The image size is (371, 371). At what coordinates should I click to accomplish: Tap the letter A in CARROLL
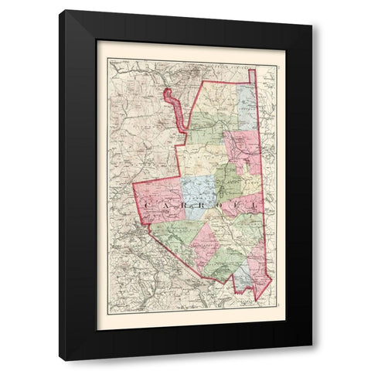pos(167,205)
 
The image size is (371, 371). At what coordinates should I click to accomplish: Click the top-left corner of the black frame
pos(60,10)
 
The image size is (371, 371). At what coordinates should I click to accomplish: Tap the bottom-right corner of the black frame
pos(312,361)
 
